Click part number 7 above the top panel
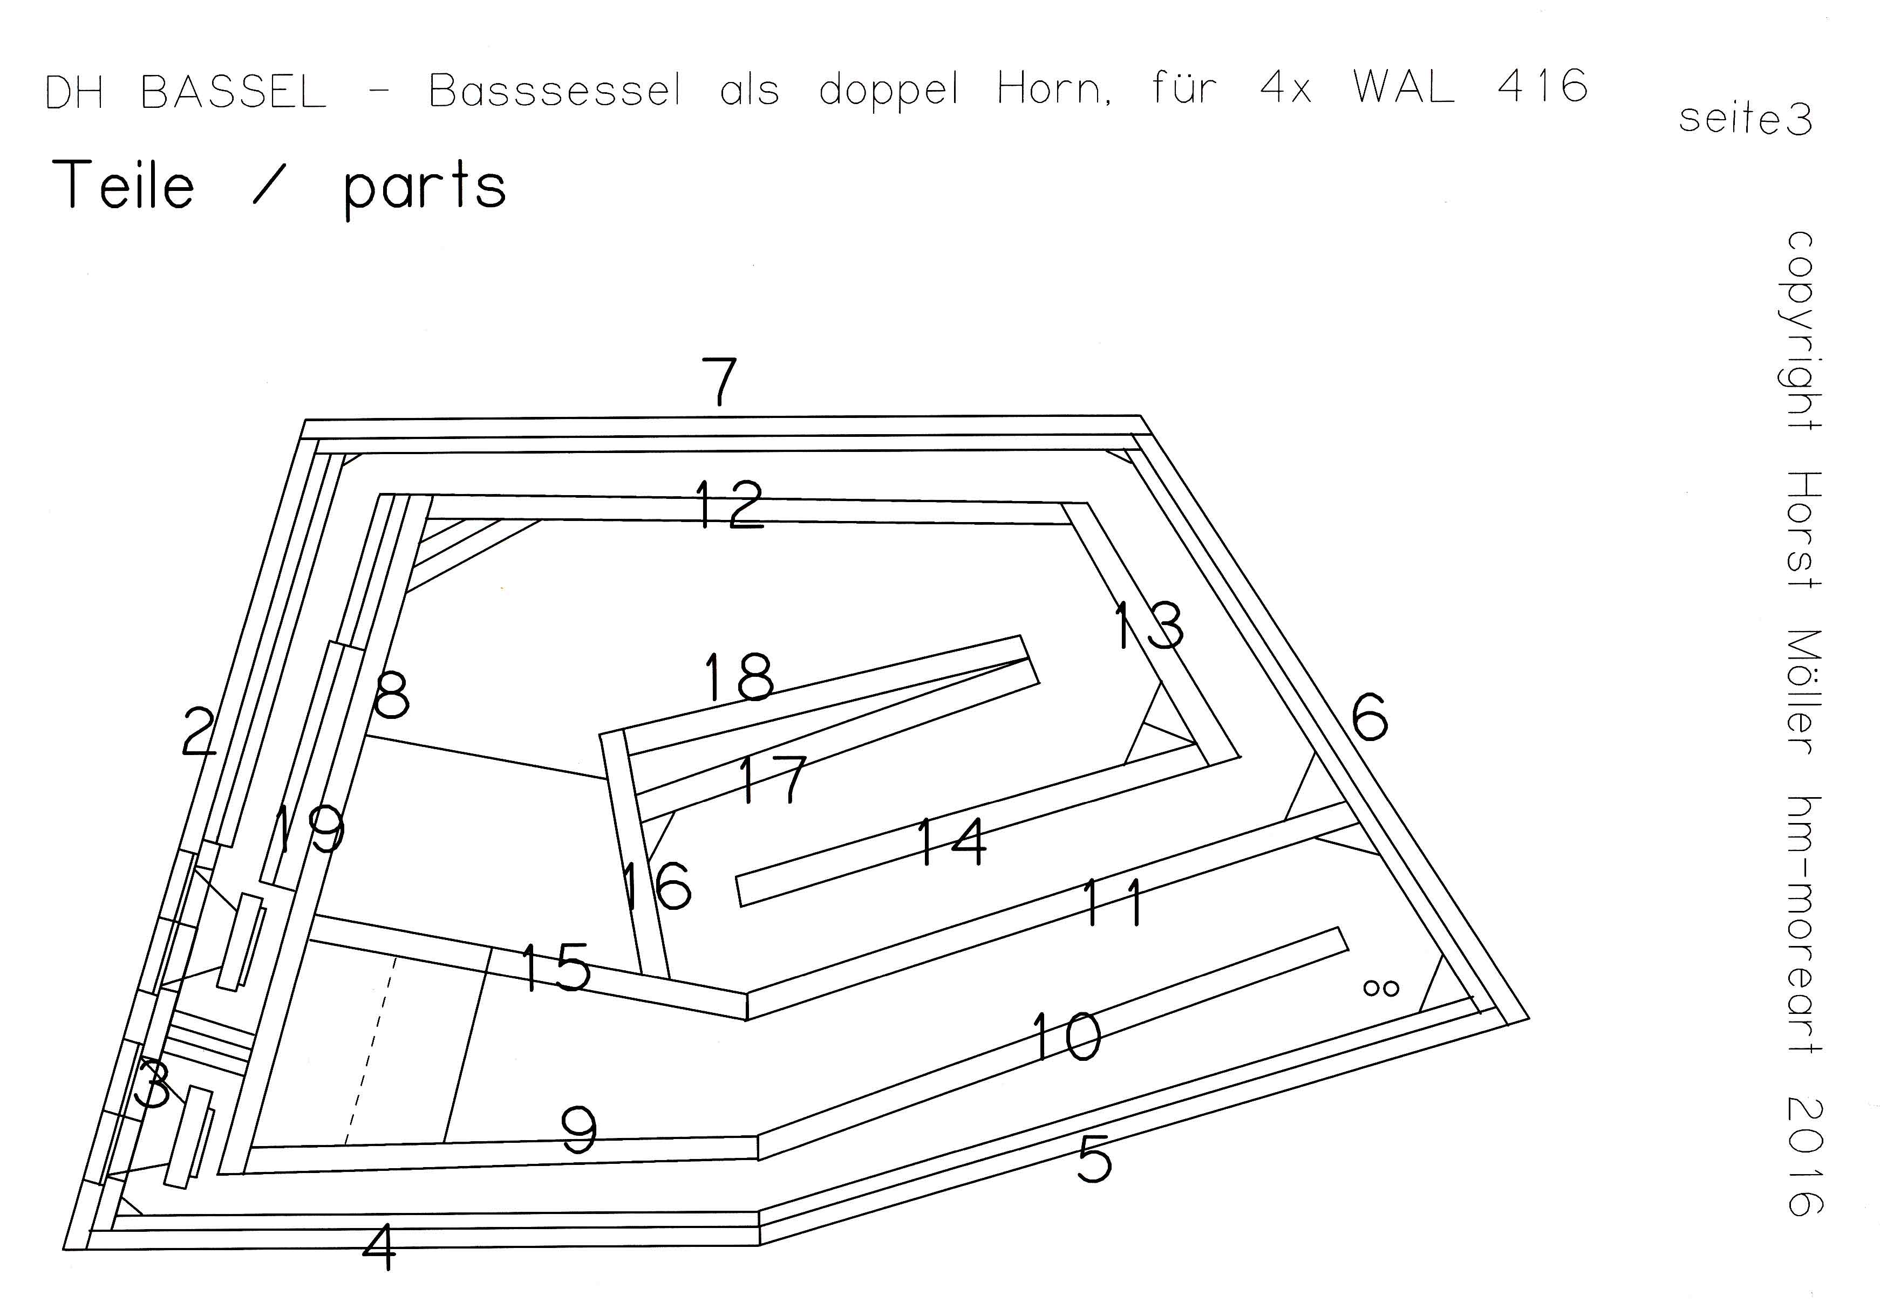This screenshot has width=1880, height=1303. [x=719, y=381]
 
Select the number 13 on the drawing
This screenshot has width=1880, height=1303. [x=1149, y=626]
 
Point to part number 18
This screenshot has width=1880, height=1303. [x=738, y=677]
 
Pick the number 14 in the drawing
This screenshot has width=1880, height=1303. [x=951, y=842]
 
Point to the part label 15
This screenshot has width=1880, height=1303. [x=555, y=968]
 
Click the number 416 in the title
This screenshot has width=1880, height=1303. [x=1542, y=86]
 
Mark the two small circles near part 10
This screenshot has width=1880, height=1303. [x=1381, y=989]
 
